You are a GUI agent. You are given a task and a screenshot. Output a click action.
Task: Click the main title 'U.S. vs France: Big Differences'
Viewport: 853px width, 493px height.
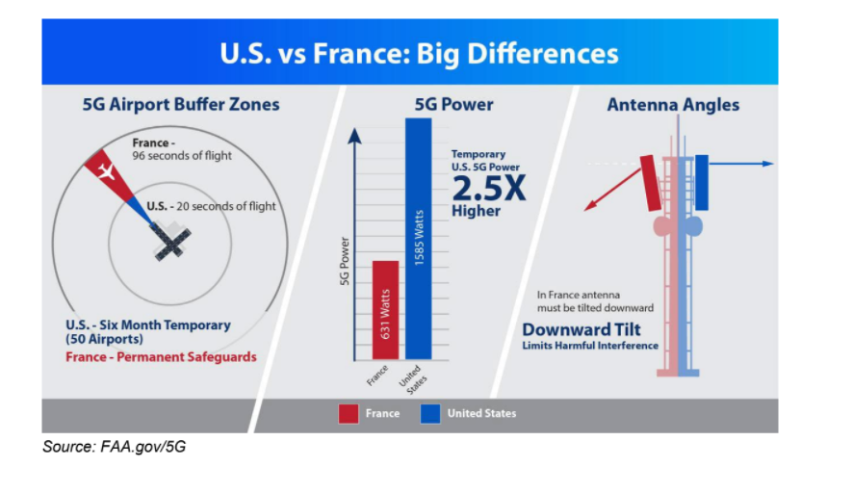click(419, 53)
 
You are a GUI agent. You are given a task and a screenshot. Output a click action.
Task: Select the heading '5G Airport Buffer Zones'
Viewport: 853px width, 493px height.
click(181, 104)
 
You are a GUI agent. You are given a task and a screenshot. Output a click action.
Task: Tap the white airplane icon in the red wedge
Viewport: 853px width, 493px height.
click(107, 171)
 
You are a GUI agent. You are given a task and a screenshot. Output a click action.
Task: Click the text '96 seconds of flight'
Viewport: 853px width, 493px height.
click(182, 156)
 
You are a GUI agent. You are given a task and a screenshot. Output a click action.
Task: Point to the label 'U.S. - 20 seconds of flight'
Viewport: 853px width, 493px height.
click(211, 206)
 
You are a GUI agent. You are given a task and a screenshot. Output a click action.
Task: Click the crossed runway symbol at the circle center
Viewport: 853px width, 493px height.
click(171, 241)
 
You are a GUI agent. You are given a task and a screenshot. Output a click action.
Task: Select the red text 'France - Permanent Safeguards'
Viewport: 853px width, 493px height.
click(161, 357)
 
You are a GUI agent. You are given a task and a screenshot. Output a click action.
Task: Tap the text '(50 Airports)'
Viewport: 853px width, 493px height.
click(104, 339)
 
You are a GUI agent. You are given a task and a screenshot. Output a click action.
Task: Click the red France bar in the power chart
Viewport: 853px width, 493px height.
click(385, 310)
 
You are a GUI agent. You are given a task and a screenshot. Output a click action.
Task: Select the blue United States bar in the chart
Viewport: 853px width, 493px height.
click(419, 239)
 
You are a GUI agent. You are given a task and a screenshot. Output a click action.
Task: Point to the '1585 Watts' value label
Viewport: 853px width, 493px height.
click(419, 238)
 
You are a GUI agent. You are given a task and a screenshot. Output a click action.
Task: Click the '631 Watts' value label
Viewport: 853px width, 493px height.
click(385, 314)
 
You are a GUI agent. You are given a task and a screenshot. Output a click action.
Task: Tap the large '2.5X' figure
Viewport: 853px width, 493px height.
click(489, 189)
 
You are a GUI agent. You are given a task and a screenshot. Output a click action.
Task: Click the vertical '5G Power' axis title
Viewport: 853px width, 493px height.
click(344, 261)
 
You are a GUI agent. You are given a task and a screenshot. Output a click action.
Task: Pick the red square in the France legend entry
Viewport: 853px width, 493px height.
click(349, 413)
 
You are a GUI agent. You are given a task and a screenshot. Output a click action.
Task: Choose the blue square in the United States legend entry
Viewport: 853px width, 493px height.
click(430, 413)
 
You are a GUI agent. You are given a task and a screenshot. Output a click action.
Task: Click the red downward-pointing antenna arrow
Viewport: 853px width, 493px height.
click(612, 190)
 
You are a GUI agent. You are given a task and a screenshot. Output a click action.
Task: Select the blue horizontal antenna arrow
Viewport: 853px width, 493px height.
click(741, 164)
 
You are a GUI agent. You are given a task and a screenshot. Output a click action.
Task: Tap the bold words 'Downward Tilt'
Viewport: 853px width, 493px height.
click(582, 329)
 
